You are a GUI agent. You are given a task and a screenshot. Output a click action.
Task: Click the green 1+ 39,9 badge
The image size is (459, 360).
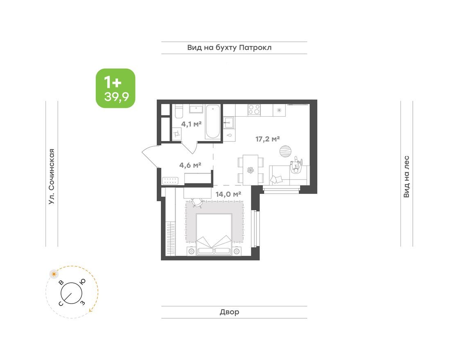tap(115, 88)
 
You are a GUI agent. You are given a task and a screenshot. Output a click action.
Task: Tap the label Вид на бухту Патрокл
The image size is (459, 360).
tap(229, 48)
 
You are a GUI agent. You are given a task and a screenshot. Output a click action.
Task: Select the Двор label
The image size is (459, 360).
tap(229, 312)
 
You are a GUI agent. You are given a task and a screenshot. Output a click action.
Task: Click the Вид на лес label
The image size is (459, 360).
tap(406, 176)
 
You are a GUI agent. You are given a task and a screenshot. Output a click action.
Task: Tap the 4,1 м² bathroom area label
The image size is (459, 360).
tap(192, 124)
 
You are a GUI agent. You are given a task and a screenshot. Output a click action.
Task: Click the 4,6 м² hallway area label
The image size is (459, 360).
tap(190, 165)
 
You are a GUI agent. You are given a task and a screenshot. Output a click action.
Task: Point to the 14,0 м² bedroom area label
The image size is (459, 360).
tap(228, 194)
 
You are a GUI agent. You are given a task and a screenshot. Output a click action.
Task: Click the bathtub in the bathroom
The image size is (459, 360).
tap(213, 122)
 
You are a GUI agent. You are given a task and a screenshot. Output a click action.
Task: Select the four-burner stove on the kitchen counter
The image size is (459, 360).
tap(254, 110)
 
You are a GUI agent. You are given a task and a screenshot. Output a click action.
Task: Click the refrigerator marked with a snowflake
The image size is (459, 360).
tap(279, 110)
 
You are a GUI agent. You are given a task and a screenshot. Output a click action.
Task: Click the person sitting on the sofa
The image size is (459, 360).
tap(296, 165)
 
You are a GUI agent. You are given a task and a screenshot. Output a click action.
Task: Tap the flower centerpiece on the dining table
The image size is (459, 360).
tap(250, 170)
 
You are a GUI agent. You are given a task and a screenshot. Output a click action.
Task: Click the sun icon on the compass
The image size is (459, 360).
tap(53, 274)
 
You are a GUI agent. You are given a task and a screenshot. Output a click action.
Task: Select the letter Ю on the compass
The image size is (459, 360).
tap(82, 281)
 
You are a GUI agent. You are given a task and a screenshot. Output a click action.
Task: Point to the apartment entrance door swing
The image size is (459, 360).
tap(150, 156)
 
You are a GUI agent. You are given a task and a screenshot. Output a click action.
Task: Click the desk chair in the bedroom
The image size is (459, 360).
tap(197, 201)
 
